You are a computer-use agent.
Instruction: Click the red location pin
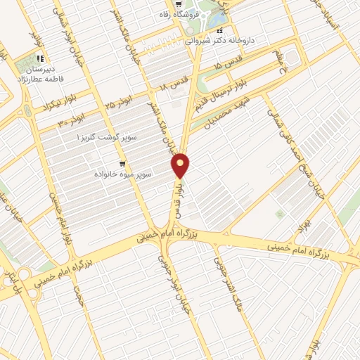181,165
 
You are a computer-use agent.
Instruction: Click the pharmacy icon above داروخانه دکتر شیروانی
220,32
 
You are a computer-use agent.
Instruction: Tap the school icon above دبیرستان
41,59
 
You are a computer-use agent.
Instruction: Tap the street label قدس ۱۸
172,85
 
